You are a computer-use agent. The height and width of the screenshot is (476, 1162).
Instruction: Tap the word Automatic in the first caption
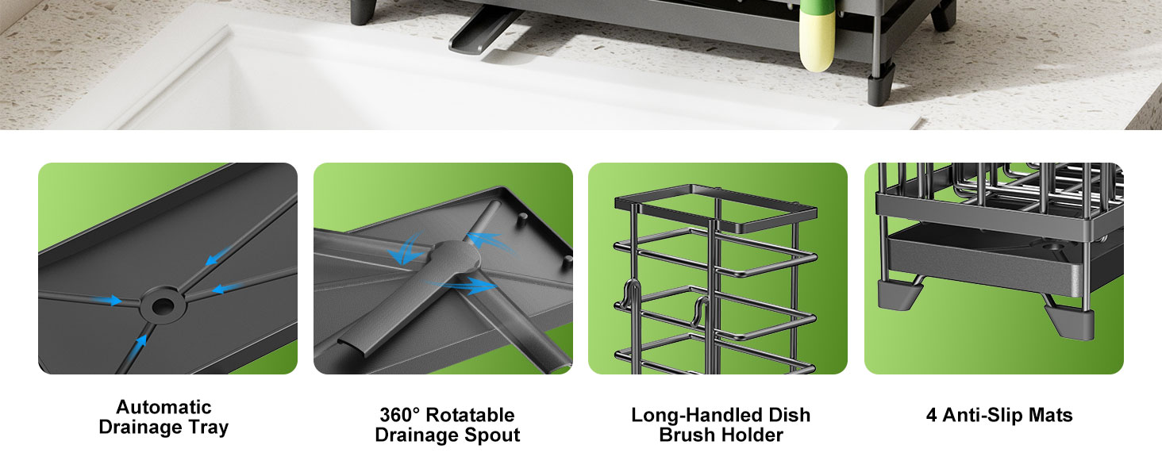[x=164, y=407]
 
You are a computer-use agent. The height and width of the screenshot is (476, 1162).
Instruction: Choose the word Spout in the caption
[x=494, y=435]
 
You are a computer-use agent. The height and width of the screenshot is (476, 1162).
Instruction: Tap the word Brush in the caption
[x=687, y=435]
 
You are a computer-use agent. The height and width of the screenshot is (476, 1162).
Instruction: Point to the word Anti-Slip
[x=984, y=415]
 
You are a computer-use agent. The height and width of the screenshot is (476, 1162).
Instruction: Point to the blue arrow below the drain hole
[x=141, y=343]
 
